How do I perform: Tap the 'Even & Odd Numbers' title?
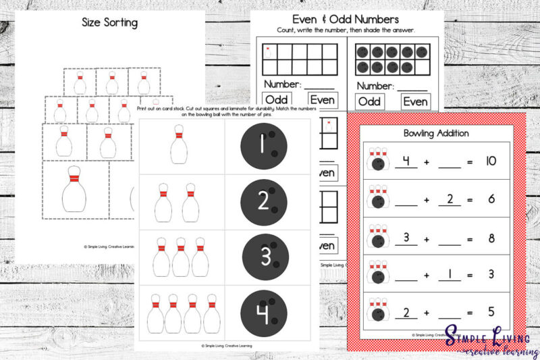[346, 19]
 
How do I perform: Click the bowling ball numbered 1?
[264, 143]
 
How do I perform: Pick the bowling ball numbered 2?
[264, 200]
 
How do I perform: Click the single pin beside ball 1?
[179, 144]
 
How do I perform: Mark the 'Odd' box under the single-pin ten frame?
[276, 101]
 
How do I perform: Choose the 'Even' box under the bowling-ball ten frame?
[416, 101]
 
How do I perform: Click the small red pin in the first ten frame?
[269, 50]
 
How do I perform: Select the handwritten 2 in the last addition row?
[406, 311]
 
